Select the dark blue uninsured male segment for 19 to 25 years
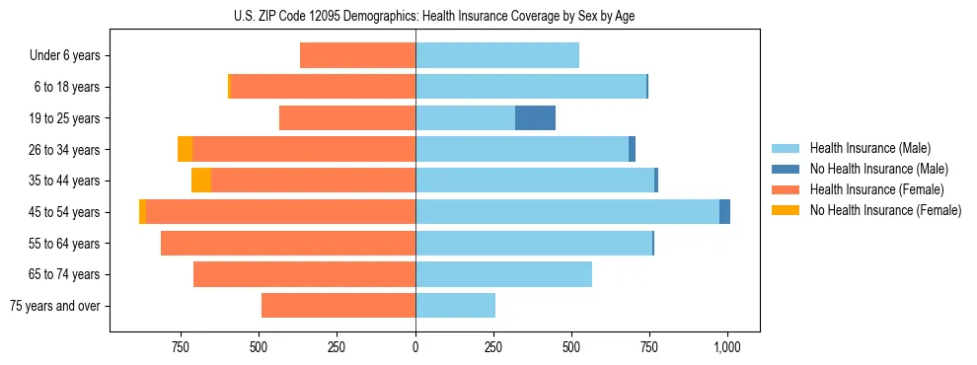(x=535, y=118)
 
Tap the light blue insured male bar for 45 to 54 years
(x=567, y=212)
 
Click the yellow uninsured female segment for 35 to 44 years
(x=201, y=181)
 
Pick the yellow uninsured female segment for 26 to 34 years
(x=185, y=149)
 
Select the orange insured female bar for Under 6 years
(x=357, y=56)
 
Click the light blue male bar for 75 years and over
(x=455, y=306)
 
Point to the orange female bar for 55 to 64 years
(x=288, y=244)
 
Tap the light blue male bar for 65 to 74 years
(x=503, y=274)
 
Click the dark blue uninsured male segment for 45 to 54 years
(x=724, y=212)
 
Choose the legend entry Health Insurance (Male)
(x=869, y=148)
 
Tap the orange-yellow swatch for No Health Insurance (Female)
(x=786, y=210)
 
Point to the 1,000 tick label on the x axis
(x=727, y=347)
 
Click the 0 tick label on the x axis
(x=415, y=347)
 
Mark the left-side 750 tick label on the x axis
(x=181, y=347)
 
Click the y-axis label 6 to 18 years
(x=67, y=88)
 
